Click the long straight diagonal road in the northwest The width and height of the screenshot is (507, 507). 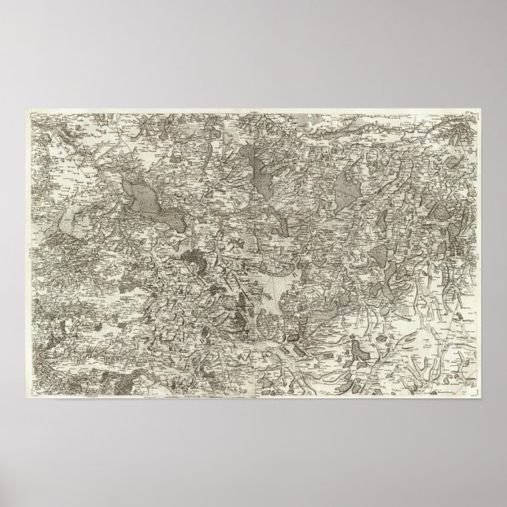[x=94, y=157]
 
